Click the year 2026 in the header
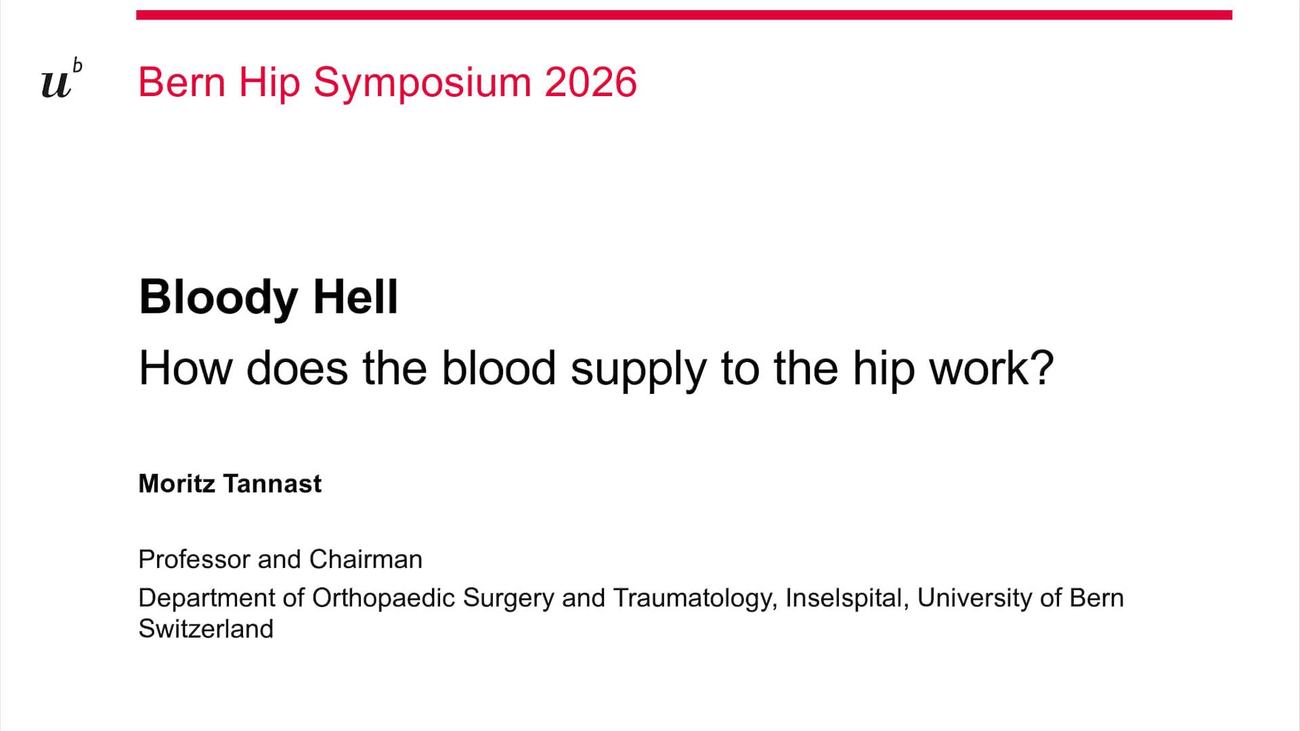590,83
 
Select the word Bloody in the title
218,298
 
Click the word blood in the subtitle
498,368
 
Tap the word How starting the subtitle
185,368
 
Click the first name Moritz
177,484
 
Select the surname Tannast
272,484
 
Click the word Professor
194,560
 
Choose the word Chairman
366,560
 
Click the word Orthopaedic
383,599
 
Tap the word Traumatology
695,599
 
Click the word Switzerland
206,629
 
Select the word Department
207,599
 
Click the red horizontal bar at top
684,15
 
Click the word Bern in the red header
181,83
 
